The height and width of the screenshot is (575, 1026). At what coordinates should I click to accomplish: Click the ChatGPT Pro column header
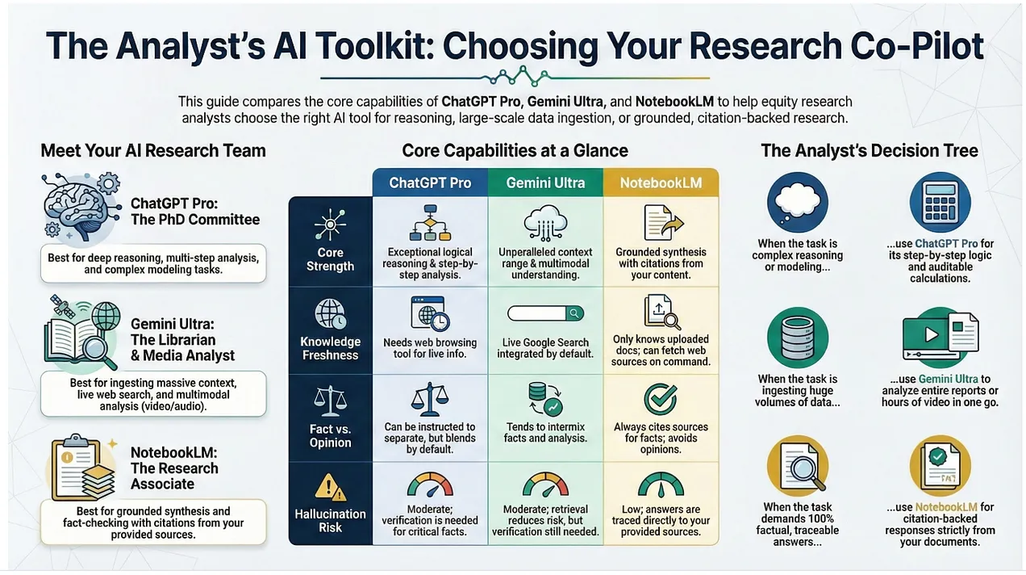point(430,183)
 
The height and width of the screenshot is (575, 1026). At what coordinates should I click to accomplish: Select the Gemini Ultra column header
point(545,183)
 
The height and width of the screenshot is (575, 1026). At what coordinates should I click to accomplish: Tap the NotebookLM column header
point(661,183)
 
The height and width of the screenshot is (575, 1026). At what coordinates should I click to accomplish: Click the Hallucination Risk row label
point(330,520)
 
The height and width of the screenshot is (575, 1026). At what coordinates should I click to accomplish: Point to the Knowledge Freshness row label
point(330,349)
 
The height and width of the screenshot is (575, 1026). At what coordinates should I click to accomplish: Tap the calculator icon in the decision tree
point(940,202)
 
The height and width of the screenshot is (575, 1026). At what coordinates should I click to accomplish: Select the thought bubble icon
point(798,202)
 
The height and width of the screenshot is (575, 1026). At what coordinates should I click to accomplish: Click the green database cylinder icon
point(798,338)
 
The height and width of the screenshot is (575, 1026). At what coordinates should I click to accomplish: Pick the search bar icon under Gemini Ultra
point(545,313)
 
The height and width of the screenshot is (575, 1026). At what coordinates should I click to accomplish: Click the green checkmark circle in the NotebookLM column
point(661,399)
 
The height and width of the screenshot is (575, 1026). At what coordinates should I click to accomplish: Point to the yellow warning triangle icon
point(330,488)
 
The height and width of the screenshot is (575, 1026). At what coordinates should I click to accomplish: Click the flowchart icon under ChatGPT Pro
point(430,224)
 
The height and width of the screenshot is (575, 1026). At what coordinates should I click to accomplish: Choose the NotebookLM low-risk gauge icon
point(661,485)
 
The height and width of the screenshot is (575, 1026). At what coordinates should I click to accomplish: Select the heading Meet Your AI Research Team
point(153,151)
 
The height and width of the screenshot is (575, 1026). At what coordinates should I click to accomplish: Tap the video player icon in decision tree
point(940,337)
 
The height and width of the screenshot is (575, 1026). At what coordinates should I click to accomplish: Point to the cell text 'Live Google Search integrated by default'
point(545,348)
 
